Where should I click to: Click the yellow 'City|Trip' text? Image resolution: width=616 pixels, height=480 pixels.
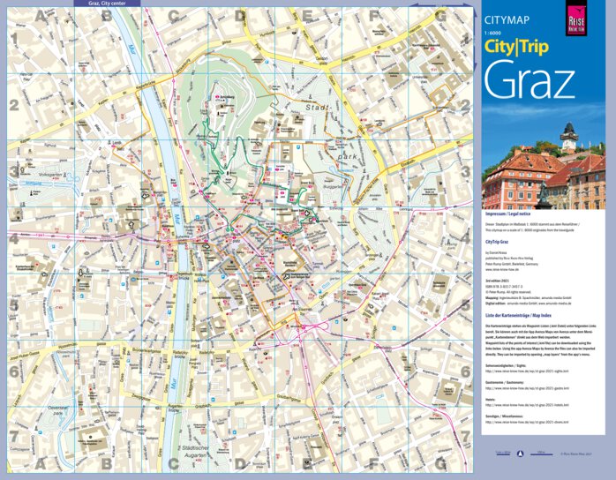tap(515, 48)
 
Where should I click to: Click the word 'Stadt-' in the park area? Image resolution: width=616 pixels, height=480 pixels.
tap(316, 108)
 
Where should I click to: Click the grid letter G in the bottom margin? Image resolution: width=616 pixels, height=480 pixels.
tap(439, 463)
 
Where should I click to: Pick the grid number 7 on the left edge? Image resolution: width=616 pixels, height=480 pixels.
tap(13, 437)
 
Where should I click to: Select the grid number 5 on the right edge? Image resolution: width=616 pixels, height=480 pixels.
tap(465, 304)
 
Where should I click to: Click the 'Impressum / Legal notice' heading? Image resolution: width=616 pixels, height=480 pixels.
tap(508, 214)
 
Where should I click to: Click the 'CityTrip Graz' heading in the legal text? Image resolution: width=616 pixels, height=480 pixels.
tap(499, 240)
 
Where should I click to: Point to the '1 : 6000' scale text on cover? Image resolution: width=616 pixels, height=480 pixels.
tap(492, 34)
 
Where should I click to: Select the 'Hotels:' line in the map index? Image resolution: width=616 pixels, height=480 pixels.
tap(490, 399)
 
